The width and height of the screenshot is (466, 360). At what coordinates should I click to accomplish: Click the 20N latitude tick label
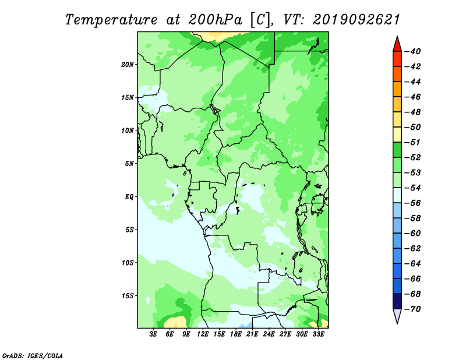(x=128, y=65)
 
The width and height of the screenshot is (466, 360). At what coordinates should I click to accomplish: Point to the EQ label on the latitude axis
(x=129, y=197)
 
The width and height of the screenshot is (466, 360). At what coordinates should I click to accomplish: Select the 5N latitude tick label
(x=129, y=164)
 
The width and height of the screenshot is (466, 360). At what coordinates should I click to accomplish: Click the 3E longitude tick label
(x=153, y=334)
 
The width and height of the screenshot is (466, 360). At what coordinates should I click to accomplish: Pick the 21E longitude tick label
(x=252, y=334)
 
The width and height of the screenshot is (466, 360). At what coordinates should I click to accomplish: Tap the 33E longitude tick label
(x=318, y=334)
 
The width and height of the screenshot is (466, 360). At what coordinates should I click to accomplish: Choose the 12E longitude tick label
(x=203, y=334)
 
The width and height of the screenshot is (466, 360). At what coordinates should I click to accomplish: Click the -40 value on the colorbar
(x=413, y=51)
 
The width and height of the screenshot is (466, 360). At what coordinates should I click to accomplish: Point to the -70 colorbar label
(x=413, y=309)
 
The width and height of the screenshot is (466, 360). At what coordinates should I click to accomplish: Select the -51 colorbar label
(x=413, y=142)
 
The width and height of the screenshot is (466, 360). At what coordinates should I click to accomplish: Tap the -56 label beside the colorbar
(x=413, y=203)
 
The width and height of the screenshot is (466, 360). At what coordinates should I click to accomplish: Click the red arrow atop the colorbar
(x=397, y=45)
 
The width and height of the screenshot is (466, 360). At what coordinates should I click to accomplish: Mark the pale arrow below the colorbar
(x=397, y=315)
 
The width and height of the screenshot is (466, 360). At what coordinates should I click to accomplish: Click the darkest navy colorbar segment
(x=397, y=301)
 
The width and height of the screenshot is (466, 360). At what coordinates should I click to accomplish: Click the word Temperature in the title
(x=111, y=20)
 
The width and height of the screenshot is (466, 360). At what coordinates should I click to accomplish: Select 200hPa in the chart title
(x=215, y=20)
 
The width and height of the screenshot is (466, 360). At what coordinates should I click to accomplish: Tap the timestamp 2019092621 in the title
(x=356, y=20)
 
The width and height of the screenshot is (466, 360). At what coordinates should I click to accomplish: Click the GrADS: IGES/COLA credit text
(x=33, y=356)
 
